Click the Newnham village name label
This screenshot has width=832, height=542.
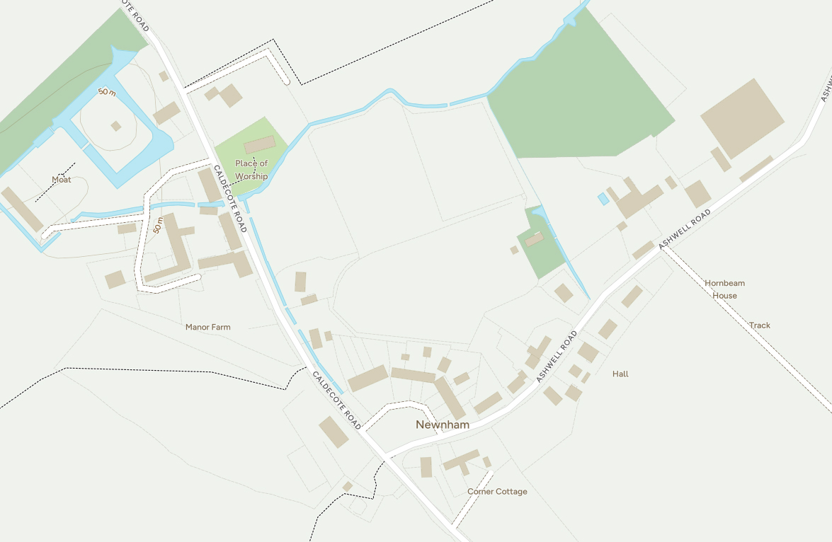click(443, 425)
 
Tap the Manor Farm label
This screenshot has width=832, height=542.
click(207, 328)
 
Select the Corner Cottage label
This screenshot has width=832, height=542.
click(497, 492)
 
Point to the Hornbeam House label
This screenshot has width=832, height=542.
click(724, 289)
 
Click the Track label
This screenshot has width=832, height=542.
click(760, 325)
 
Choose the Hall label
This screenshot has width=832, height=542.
click(620, 374)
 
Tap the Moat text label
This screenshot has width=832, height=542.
click(62, 180)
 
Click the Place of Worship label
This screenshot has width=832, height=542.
click(251, 170)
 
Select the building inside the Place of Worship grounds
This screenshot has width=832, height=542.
click(260, 144)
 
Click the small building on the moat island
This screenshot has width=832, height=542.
click(115, 126)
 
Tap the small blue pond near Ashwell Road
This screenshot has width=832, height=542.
click(603, 199)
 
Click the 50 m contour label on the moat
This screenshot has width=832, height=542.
click(107, 92)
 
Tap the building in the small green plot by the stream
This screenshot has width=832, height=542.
click(535, 240)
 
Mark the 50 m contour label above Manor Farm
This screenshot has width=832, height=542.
click(158, 226)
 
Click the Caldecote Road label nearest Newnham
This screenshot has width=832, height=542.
click(337, 400)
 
